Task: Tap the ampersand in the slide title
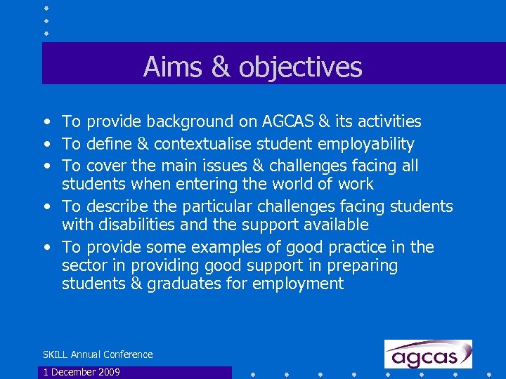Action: click(x=221, y=67)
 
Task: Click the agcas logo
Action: click(x=428, y=354)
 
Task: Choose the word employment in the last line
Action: click(x=298, y=284)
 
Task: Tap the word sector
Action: click(x=83, y=266)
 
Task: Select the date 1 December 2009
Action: click(x=82, y=372)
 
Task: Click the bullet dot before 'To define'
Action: click(x=46, y=145)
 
